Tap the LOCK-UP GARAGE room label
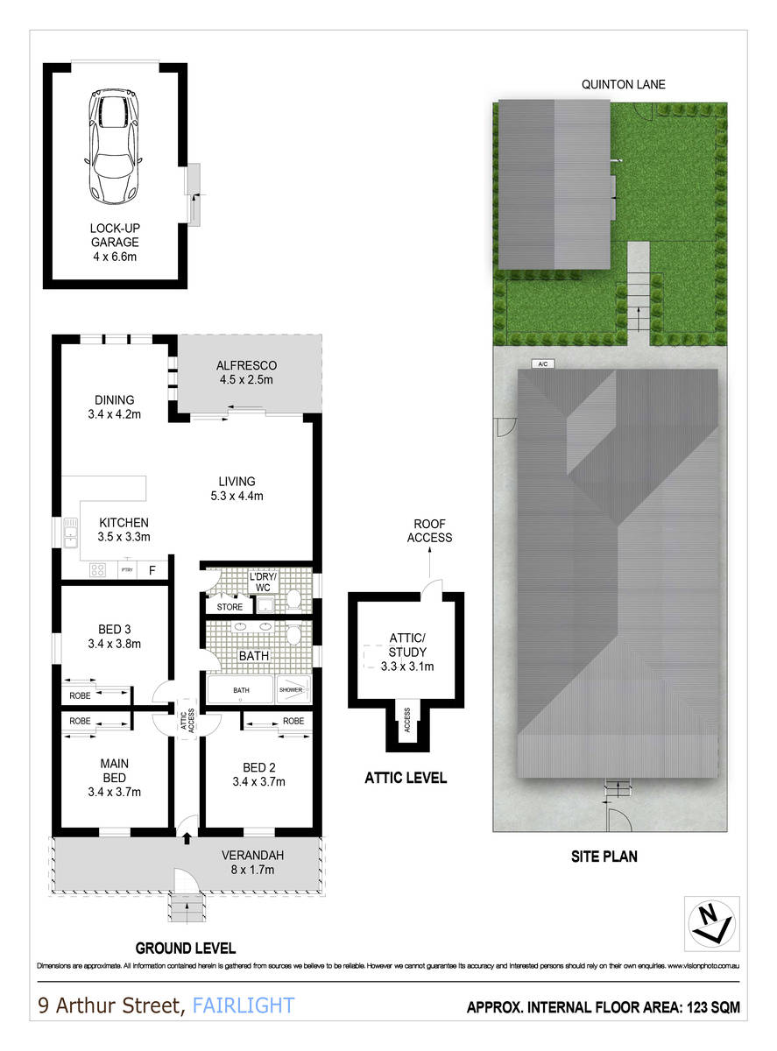[115, 242]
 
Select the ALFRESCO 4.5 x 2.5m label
[246, 372]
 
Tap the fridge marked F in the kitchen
[152, 570]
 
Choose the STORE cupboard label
[230, 606]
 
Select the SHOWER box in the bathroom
[291, 690]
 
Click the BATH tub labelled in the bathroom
[240, 690]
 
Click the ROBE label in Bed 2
[293, 721]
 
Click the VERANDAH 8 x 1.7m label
[252, 862]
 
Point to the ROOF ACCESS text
[429, 531]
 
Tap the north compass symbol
[711, 923]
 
